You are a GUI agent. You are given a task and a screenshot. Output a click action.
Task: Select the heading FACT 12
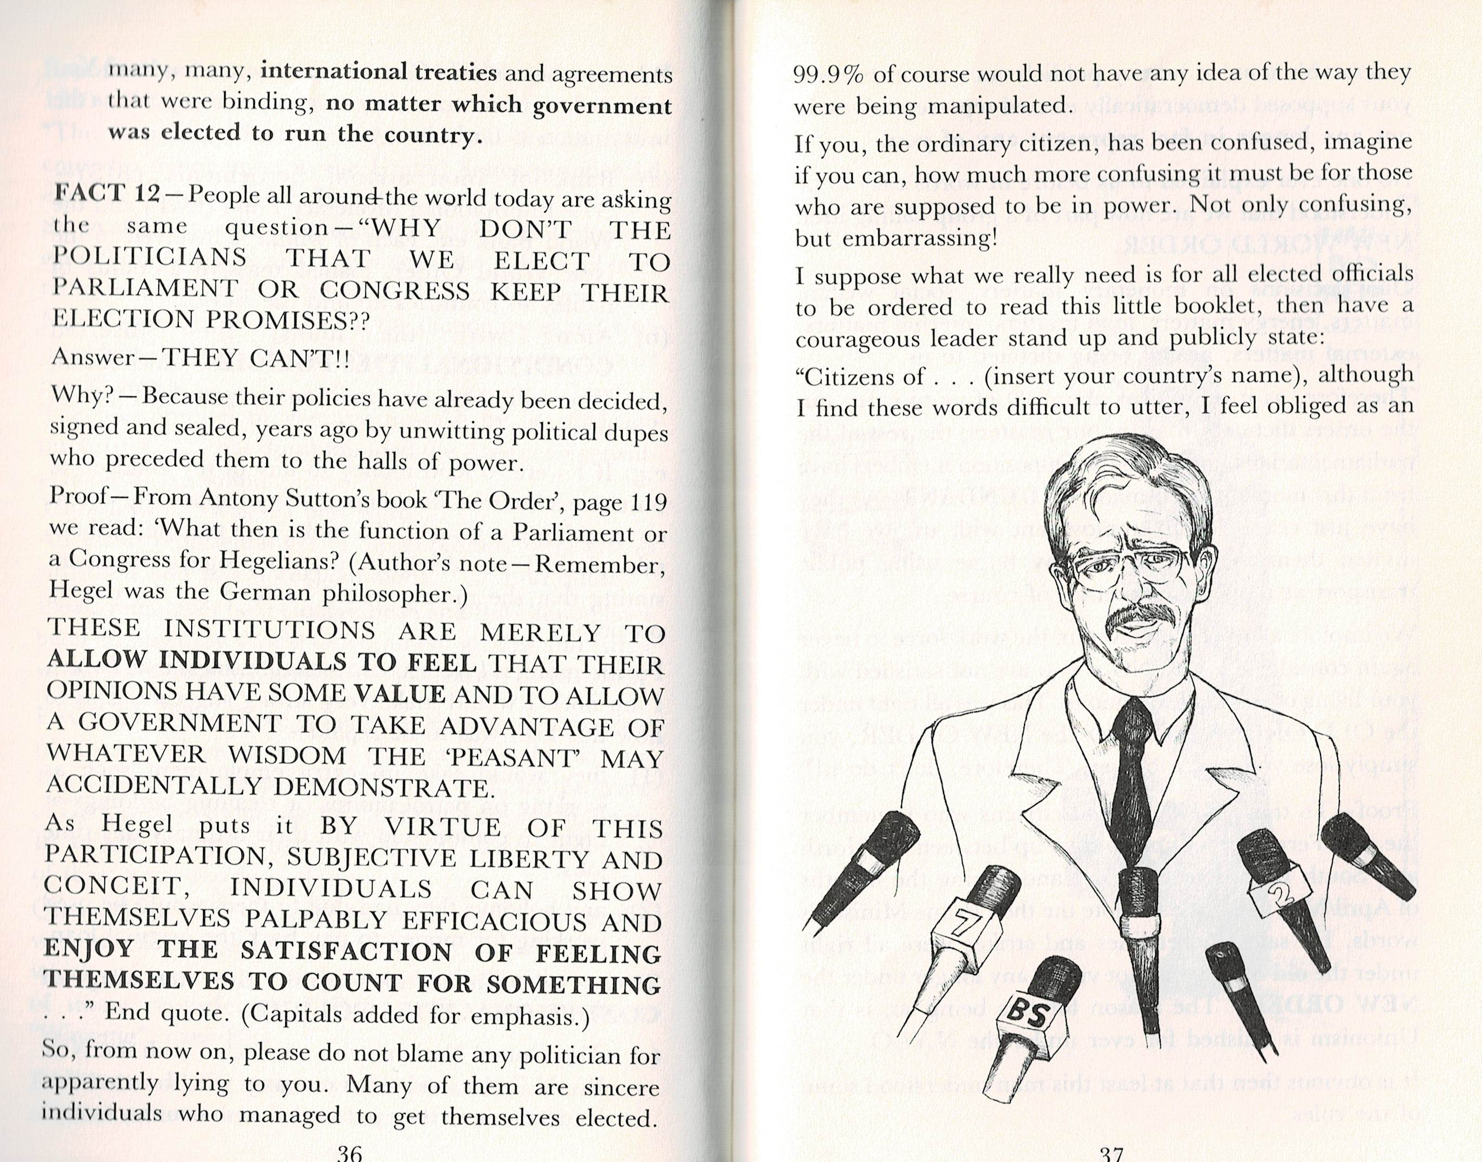106,194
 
